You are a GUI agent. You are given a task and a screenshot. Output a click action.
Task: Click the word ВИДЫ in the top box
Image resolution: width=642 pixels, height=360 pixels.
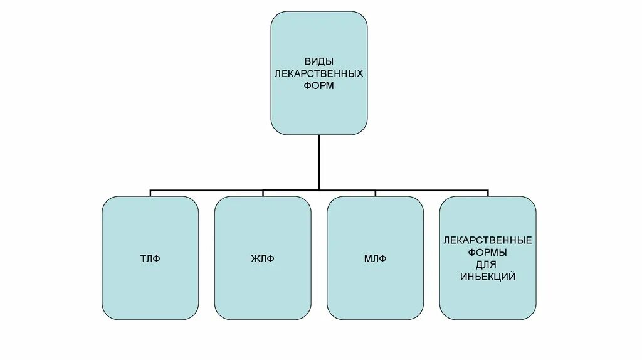pyautogui.click(x=319, y=62)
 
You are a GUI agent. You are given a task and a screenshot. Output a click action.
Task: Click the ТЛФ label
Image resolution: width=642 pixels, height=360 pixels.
pyautogui.click(x=150, y=258)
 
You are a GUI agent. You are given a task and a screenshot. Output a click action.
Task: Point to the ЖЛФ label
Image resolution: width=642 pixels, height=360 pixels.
pyautogui.click(x=262, y=258)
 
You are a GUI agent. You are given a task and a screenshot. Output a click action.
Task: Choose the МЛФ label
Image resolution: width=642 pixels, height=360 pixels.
pyautogui.click(x=375, y=258)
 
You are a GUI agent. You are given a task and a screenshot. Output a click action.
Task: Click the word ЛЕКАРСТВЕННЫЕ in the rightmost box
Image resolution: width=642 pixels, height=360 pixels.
pyautogui.click(x=488, y=241)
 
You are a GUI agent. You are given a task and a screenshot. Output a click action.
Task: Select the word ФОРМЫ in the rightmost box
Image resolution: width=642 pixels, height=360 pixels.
pyautogui.click(x=488, y=253)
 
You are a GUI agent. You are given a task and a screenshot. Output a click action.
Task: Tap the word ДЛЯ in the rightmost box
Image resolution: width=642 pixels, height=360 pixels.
pyautogui.click(x=488, y=264)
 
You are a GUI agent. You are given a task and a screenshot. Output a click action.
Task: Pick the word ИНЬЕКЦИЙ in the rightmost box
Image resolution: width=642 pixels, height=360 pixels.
pyautogui.click(x=488, y=276)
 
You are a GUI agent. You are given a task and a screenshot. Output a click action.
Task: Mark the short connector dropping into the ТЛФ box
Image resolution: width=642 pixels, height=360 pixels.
pyautogui.click(x=150, y=193)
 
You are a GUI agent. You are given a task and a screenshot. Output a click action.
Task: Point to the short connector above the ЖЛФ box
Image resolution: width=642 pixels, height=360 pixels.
pyautogui.click(x=262, y=193)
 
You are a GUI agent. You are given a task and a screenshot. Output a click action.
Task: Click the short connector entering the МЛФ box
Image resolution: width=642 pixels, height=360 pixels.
pyautogui.click(x=375, y=193)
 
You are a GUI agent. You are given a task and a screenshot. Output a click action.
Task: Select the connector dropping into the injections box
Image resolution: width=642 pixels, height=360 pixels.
pyautogui.click(x=488, y=193)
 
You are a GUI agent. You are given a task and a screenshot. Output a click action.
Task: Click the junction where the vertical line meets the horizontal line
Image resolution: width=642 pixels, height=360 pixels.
pyautogui.click(x=319, y=189)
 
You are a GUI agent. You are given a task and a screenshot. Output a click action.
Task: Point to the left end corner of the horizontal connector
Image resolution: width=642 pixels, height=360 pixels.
pyautogui.click(x=150, y=189)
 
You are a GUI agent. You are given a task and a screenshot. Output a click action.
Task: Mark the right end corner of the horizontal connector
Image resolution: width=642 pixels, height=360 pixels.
pyautogui.click(x=488, y=189)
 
